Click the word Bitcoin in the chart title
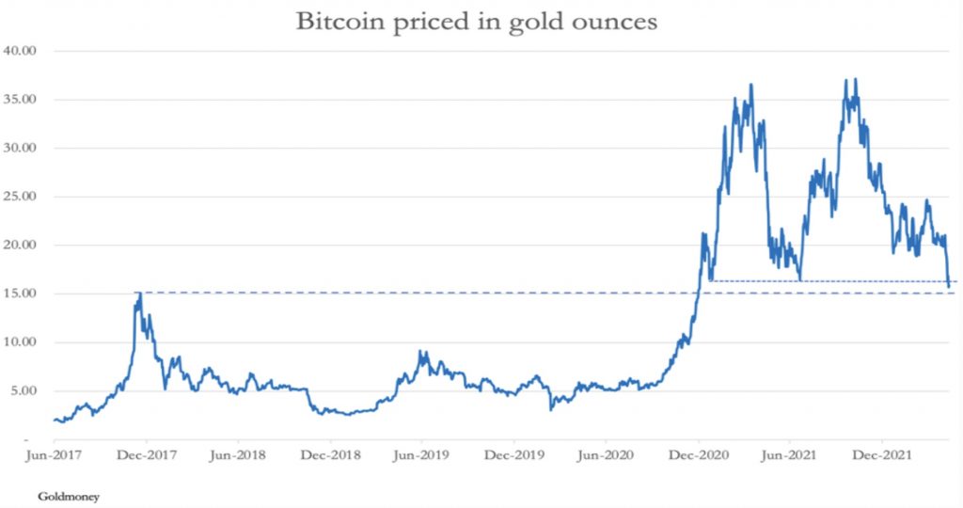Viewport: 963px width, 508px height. point(335,22)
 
